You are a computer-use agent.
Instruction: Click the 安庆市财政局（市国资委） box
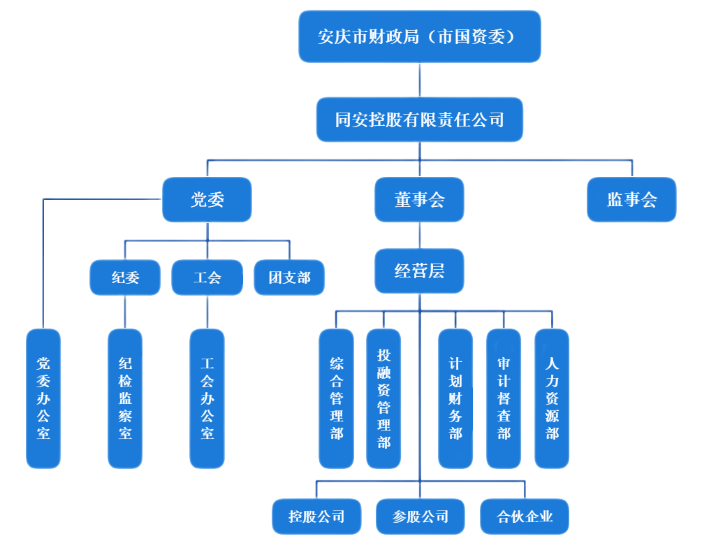419,36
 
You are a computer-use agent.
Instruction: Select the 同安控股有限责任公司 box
419,120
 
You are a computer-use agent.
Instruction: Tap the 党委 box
207,200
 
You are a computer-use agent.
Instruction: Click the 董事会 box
419,200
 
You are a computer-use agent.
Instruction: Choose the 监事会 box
631,200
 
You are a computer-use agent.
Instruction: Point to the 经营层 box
419,271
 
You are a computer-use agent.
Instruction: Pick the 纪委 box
125,277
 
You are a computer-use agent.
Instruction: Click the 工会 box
207,277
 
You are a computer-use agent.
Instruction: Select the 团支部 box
289,277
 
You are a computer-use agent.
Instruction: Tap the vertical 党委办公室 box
43,398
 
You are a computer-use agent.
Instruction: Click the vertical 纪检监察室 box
125,398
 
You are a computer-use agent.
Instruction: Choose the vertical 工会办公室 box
207,398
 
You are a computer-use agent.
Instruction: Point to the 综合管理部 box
336,398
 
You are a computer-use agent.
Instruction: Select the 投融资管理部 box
383,398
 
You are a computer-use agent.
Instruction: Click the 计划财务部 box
455,398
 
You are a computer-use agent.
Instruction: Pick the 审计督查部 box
504,398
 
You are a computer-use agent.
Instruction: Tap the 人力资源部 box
552,398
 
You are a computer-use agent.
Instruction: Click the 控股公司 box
316,517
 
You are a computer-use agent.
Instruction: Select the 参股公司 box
420,517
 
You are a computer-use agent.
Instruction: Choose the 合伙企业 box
525,517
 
